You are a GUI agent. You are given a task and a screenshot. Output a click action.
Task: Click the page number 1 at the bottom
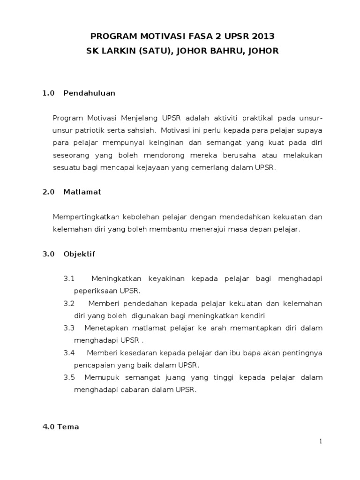[x=321, y=441]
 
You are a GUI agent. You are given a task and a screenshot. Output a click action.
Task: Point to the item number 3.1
[x=69, y=278]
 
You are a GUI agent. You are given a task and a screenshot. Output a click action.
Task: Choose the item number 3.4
[x=69, y=352]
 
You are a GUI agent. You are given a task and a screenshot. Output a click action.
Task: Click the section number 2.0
[x=48, y=192]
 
